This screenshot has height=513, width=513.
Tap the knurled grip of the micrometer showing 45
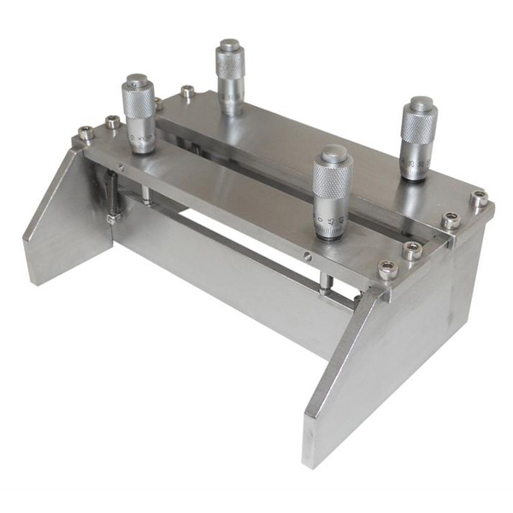click(x=333, y=183)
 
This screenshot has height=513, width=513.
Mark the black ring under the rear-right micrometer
click(x=414, y=177)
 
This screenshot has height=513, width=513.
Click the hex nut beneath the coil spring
click(x=111, y=219)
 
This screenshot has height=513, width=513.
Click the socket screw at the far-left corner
click(x=85, y=133)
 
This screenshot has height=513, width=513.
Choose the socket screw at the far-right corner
click(x=478, y=199)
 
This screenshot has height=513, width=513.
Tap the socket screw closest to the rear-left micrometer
click(x=187, y=90)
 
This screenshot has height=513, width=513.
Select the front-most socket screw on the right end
click(x=387, y=269)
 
